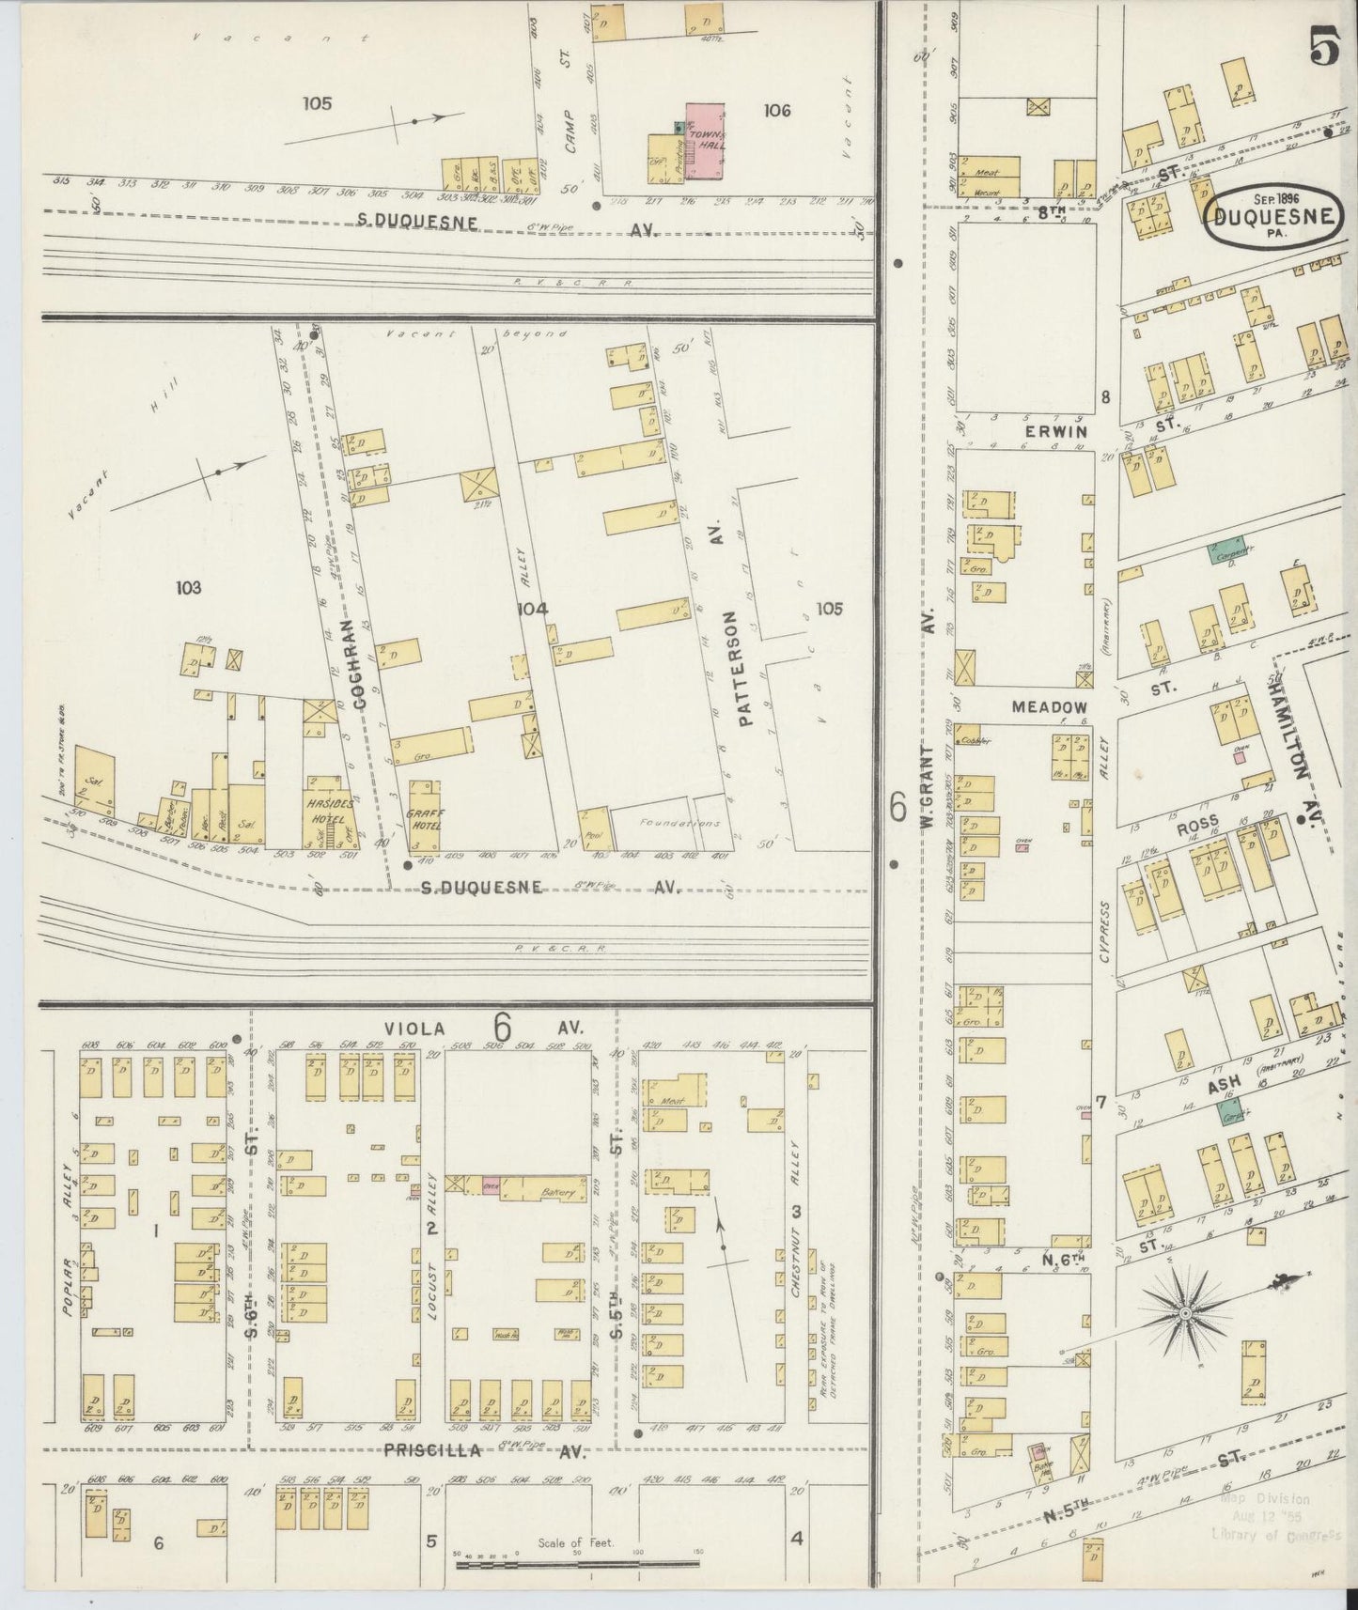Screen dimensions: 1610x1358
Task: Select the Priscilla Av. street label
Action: (433, 1450)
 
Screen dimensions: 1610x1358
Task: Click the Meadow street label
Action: (1049, 706)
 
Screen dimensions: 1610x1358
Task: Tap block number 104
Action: (532, 609)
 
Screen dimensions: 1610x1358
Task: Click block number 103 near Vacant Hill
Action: (188, 588)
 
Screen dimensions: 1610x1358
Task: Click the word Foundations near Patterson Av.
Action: (666, 823)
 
